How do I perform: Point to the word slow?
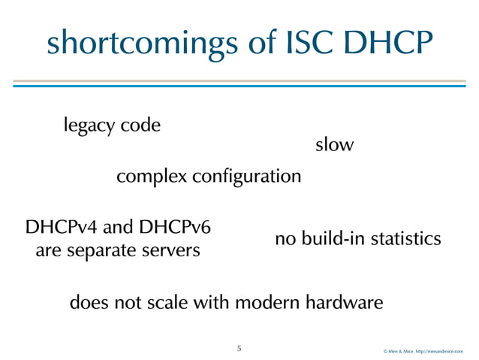[x=334, y=145]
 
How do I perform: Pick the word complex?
[x=152, y=178]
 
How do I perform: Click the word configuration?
[x=247, y=179]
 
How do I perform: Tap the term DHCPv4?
[x=62, y=228]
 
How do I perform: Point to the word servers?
[x=173, y=250]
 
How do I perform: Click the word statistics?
[x=405, y=239]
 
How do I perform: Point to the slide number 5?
[x=239, y=349]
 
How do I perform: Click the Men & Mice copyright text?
[x=423, y=351]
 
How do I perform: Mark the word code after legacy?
[x=141, y=126]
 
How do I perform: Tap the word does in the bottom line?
[x=86, y=304]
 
